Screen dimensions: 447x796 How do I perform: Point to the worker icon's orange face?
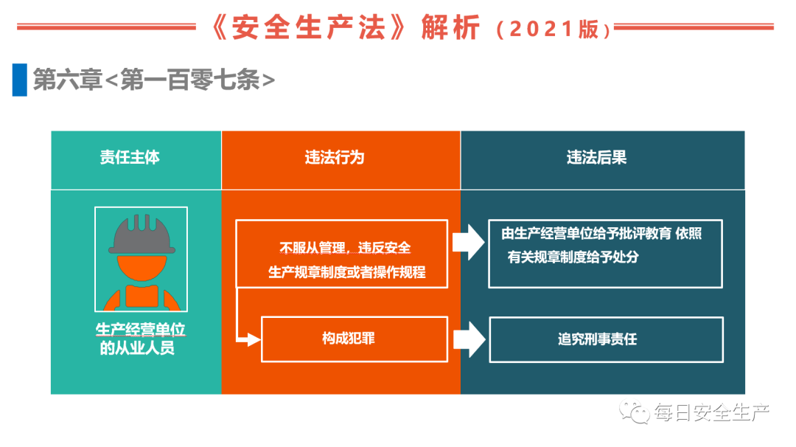click(x=141, y=267)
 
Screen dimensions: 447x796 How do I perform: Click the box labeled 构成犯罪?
click(x=355, y=339)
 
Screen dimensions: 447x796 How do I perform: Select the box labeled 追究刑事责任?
click(x=606, y=339)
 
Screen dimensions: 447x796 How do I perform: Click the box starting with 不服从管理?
click(x=341, y=254)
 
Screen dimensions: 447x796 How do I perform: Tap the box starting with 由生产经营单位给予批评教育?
click(x=605, y=253)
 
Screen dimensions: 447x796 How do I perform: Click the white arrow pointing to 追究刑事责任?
click(x=469, y=339)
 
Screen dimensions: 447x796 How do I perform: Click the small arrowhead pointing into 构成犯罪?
click(x=252, y=339)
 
